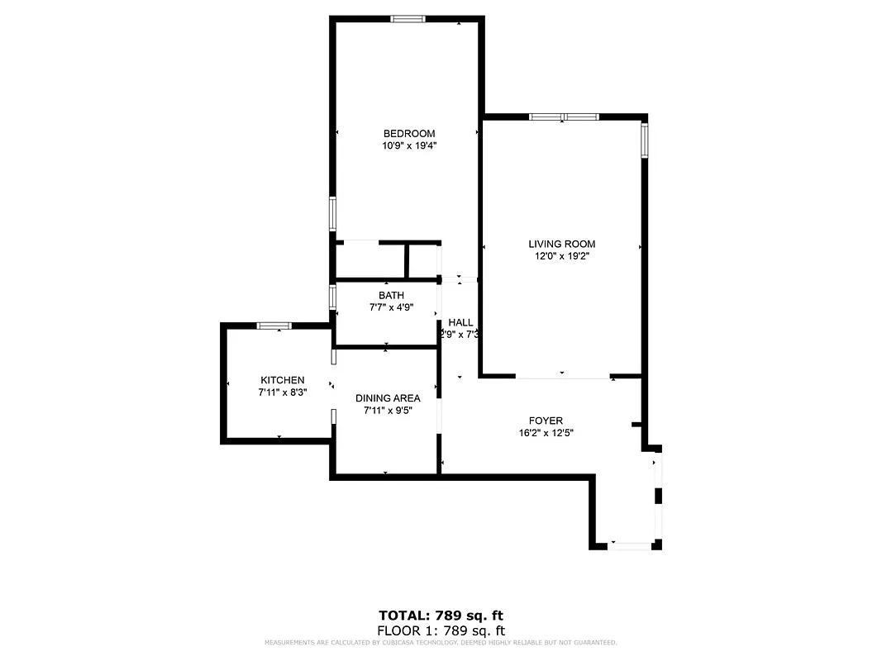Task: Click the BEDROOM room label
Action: coord(408,134)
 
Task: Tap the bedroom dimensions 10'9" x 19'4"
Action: coord(408,146)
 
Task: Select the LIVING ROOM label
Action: coord(562,244)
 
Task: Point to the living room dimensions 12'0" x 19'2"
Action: coord(562,256)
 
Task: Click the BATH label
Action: coord(391,295)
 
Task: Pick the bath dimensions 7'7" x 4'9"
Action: coord(391,307)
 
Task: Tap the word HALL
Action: coord(460,322)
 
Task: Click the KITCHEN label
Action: coord(283,380)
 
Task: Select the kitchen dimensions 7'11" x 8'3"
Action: coord(283,392)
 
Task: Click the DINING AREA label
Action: coord(388,398)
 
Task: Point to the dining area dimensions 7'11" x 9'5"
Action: coord(388,411)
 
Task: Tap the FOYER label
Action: coord(546,421)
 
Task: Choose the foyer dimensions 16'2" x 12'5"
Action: coord(546,433)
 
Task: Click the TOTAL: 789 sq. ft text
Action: coord(441,616)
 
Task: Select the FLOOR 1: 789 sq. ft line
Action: coord(441,630)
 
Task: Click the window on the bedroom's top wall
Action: coord(408,19)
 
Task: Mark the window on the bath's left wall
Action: coord(332,296)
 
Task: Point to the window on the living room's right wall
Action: coord(644,140)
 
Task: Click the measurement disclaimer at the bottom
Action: coord(441,642)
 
